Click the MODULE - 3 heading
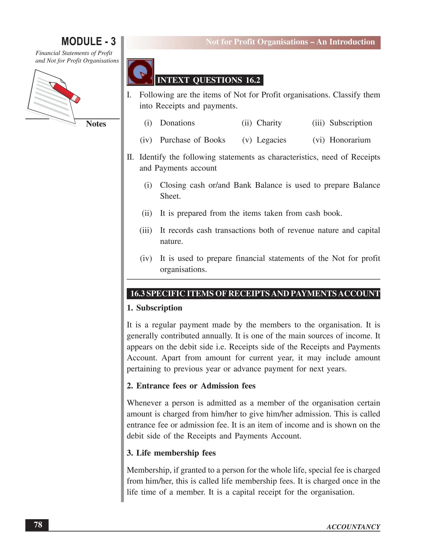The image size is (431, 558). [88, 41]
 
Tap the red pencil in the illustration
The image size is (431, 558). [65, 92]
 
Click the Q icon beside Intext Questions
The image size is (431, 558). [140, 72]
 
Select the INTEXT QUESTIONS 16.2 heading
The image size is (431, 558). [209, 80]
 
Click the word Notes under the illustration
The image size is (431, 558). [96, 124]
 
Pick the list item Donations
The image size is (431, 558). [177, 123]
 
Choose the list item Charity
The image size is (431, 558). [269, 123]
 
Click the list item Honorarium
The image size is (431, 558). [350, 140]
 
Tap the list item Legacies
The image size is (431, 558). [271, 140]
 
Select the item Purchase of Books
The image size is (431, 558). [193, 140]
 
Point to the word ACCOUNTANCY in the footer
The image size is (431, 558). [353, 527]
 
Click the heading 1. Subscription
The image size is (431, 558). [154, 308]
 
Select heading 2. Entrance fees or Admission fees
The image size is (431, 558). [191, 386]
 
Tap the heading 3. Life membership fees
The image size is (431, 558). [171, 453]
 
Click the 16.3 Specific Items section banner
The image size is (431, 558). [253, 293]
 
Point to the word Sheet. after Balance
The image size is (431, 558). [170, 196]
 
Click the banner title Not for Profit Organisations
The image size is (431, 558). [290, 42]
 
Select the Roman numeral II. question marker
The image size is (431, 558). [130, 157]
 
